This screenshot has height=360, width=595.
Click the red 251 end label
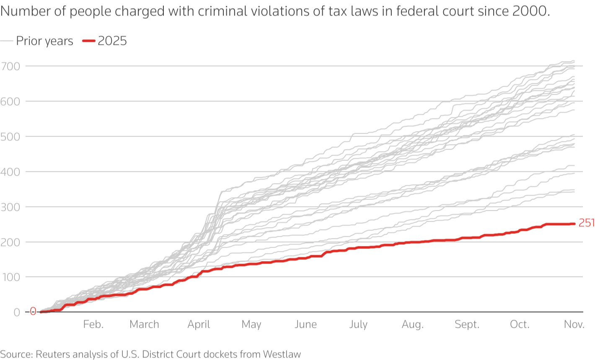point(586,223)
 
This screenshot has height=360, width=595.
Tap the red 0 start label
point(33,311)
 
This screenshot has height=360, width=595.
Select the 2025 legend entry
point(112,41)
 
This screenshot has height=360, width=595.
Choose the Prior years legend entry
point(44,41)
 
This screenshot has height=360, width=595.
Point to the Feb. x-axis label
point(93,325)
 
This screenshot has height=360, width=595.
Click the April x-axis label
point(199,325)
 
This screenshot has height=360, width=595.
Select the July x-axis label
point(358,325)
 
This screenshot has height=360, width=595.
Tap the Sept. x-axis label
point(467,325)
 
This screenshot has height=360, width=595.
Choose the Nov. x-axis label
point(574,325)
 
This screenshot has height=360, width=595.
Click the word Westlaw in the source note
point(282,354)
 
